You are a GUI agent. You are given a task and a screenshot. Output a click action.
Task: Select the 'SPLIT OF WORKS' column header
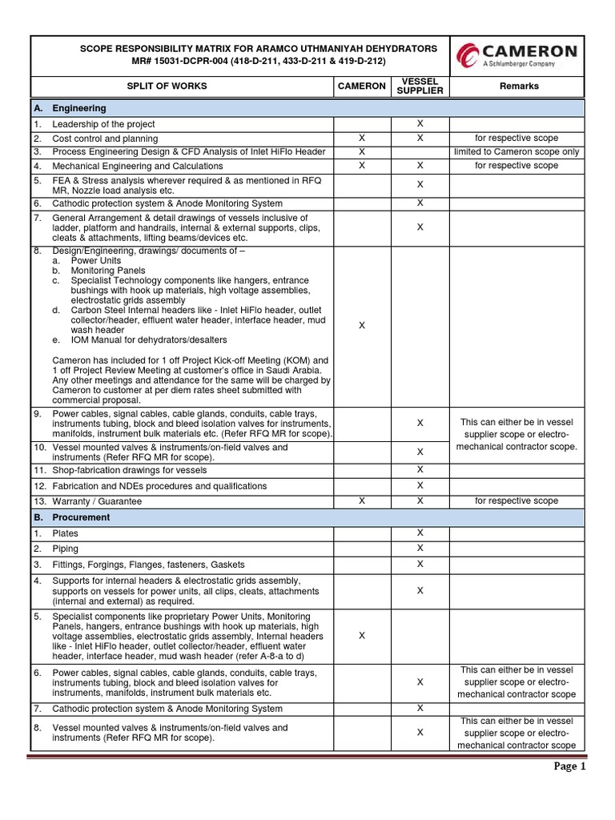[x=169, y=86]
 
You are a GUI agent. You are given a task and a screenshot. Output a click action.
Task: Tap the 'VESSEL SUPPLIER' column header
[x=420, y=86]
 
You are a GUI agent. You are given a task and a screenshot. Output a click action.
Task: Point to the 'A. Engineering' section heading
[x=78, y=107]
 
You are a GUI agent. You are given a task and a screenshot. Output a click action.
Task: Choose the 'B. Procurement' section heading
[x=81, y=517]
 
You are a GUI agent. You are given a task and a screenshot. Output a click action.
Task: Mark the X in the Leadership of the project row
[x=420, y=124]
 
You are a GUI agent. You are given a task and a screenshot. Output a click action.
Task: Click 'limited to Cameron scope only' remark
[x=517, y=151]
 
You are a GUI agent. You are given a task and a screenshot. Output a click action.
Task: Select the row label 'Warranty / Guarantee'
[x=97, y=501]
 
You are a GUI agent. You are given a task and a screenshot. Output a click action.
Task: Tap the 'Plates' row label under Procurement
[x=66, y=533]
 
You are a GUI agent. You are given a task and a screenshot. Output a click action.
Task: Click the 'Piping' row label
[x=66, y=549]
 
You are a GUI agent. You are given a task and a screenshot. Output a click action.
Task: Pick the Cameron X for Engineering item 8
[x=361, y=324]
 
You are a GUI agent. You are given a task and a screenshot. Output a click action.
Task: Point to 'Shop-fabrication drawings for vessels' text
[x=130, y=470]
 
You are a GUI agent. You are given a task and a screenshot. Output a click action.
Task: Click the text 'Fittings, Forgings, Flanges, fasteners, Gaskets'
[x=149, y=565]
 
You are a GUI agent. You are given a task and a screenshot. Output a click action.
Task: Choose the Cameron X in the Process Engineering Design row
[x=361, y=151]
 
